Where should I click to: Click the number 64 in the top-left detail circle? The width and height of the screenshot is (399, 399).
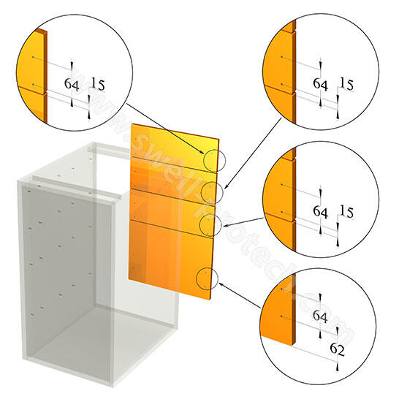pyautogui.click(x=72, y=85)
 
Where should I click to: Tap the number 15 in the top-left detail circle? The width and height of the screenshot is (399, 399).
pyautogui.click(x=96, y=85)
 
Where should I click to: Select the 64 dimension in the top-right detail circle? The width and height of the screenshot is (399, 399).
pyautogui.click(x=320, y=85)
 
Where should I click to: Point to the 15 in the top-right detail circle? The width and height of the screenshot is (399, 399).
pyautogui.click(x=346, y=85)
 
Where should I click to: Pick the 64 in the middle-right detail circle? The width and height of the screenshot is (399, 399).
pyautogui.click(x=320, y=212)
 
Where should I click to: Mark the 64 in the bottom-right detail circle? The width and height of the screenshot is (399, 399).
pyautogui.click(x=320, y=316)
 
